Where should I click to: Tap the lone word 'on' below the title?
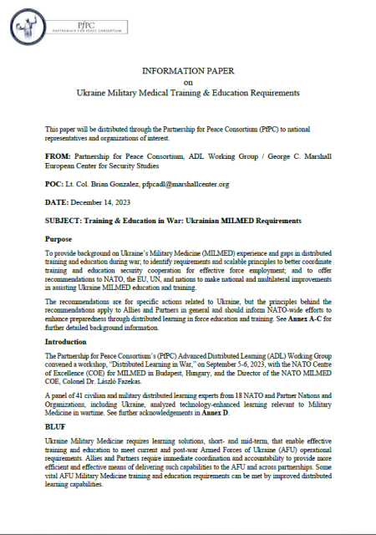tap(188, 83)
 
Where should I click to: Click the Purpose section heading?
tap(59, 239)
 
